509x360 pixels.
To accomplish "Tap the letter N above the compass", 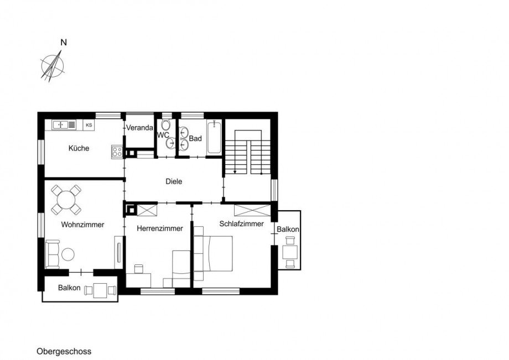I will tap(64, 42).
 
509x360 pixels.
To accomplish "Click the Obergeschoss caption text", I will tap(64, 351).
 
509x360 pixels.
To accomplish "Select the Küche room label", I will tap(79, 148).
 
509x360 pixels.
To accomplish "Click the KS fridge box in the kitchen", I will tap(89, 126).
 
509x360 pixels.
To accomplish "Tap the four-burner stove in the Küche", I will tap(117, 150).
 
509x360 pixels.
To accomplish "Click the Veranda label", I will tap(139, 128).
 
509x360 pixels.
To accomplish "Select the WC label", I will tap(163, 134).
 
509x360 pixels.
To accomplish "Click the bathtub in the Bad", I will tap(214, 137).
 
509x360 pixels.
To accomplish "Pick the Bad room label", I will tap(195, 138).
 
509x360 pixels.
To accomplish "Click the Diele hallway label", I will tap(174, 181).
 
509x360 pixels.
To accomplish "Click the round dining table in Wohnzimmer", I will tap(66, 200).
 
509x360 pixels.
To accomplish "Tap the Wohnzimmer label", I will tap(83, 225).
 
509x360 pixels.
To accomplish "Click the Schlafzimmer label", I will tap(241, 224).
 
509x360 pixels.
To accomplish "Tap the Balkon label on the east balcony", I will tap(288, 229).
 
